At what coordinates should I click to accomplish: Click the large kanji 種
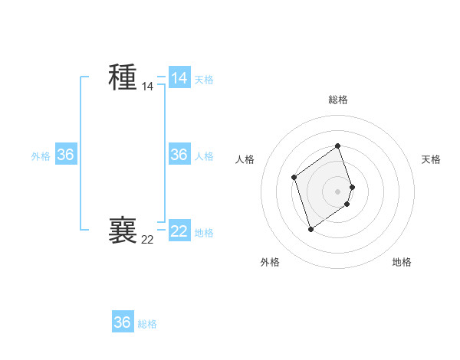pyautogui.click(x=123, y=77)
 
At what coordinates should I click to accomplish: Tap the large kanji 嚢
pyautogui.click(x=123, y=230)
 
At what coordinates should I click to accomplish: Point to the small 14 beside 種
pyautogui.click(x=147, y=87)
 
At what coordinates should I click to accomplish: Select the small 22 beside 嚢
pyautogui.click(x=147, y=240)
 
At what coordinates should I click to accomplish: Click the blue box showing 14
pyautogui.click(x=179, y=78)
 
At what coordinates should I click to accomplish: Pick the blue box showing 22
pyautogui.click(x=179, y=231)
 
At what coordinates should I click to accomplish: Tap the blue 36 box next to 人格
pyautogui.click(x=179, y=155)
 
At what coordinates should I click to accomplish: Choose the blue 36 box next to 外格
pyautogui.click(x=66, y=155)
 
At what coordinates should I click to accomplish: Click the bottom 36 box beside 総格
pyautogui.click(x=123, y=322)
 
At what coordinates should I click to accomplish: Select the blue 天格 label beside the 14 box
pyautogui.click(x=204, y=80)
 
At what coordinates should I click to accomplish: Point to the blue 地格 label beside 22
pyautogui.click(x=204, y=233)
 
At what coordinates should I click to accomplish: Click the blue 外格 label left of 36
pyautogui.click(x=41, y=156)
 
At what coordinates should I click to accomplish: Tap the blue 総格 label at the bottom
pyautogui.click(x=147, y=324)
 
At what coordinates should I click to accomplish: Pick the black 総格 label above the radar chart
pyautogui.click(x=338, y=100)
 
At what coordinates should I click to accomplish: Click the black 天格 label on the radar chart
pyautogui.click(x=431, y=159)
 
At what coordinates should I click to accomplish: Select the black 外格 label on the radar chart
pyautogui.click(x=270, y=262)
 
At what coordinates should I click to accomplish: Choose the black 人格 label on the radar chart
pyautogui.click(x=245, y=159)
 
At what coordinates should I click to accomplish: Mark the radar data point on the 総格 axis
pyautogui.click(x=338, y=146)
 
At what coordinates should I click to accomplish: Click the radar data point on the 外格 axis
pyautogui.click(x=310, y=228)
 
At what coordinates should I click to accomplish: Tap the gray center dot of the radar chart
pyautogui.click(x=338, y=191)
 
